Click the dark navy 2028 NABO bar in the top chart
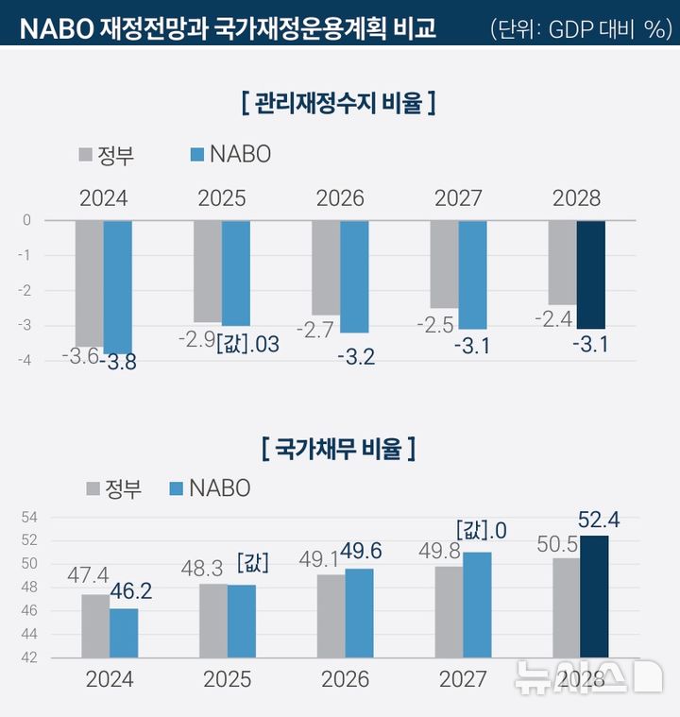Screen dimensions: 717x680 (x=590, y=274)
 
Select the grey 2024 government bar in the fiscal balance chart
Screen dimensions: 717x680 (x=89, y=283)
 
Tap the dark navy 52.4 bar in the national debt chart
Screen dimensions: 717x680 (x=594, y=596)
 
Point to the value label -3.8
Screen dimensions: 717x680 (x=118, y=361)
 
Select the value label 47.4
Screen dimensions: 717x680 (x=88, y=575)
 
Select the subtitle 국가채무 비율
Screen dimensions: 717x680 (x=339, y=447)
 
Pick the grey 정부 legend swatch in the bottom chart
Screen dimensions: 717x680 (x=93, y=488)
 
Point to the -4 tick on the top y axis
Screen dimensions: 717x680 (x=26, y=360)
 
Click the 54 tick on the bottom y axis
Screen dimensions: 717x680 (x=28, y=518)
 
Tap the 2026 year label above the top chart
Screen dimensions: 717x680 (x=340, y=198)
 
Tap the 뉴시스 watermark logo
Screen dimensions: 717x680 (x=586, y=677)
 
